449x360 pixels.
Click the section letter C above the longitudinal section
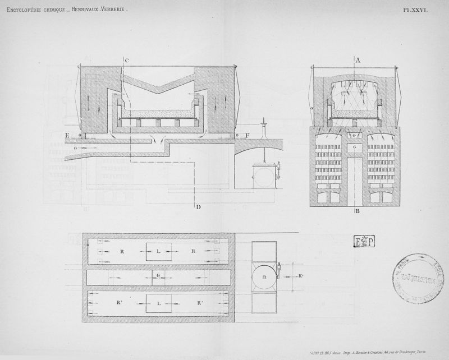(127, 59)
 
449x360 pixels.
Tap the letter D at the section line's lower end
(199, 207)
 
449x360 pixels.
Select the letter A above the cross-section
(357, 59)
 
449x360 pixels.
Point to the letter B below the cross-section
(357, 212)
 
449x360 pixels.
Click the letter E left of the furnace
(67, 135)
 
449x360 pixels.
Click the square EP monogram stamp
(364, 242)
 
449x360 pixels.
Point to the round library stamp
(416, 278)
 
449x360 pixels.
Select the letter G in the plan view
(159, 276)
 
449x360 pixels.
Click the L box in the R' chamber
(159, 303)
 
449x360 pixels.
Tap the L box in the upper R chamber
(159, 252)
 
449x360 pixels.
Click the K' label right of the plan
(301, 276)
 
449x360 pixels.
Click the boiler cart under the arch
(264, 176)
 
